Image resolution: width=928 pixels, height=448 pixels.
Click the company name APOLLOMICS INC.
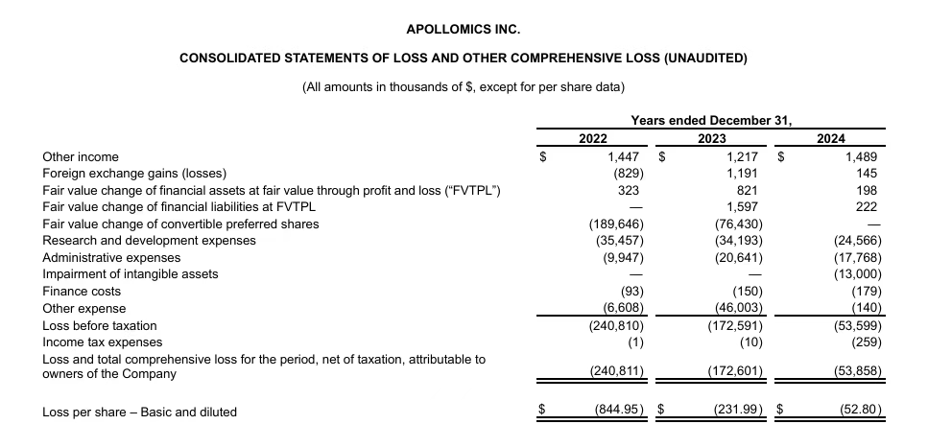tap(464, 30)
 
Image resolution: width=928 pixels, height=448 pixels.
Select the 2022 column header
tap(593, 138)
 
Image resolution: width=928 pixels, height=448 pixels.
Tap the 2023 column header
tap(711, 138)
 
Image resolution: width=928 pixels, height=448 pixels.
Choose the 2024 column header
tap(830, 138)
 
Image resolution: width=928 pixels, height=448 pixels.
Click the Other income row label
tap(81, 156)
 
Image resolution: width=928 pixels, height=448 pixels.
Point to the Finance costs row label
tap(83, 291)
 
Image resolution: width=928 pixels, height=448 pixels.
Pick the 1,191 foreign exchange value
tap(745, 174)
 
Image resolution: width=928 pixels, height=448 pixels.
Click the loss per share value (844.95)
tap(616, 412)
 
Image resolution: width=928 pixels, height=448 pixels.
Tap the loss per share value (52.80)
tap(858, 412)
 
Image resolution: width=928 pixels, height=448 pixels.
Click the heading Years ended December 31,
tap(711, 120)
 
